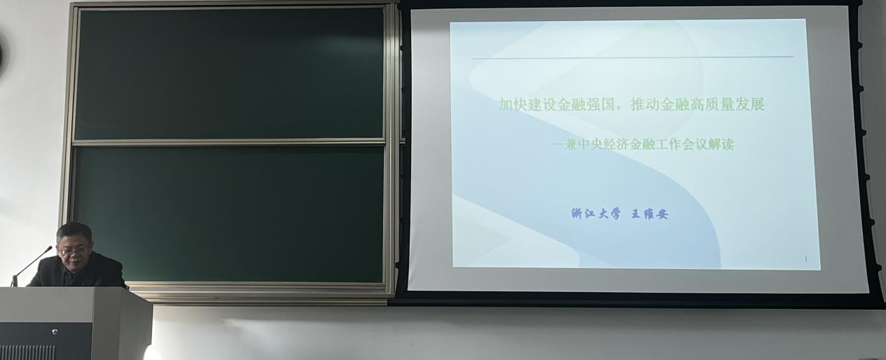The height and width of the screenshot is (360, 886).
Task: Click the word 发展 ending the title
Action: click(x=750, y=105)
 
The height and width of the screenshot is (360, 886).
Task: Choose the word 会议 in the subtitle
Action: click(x=694, y=145)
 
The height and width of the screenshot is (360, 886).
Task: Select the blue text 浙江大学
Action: click(x=596, y=214)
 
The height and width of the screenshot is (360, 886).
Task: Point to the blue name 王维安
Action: click(x=650, y=214)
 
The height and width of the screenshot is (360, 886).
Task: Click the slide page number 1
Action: click(x=806, y=259)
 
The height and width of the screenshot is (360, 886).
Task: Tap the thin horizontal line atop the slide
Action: click(x=632, y=57)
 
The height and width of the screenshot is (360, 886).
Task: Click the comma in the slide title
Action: click(x=622, y=109)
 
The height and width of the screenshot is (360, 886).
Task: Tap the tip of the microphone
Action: click(x=50, y=248)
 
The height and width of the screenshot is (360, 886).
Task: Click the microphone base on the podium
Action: click(x=14, y=281)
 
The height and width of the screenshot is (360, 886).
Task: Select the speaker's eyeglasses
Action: click(x=73, y=251)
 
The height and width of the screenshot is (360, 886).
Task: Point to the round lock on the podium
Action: click(x=55, y=331)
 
